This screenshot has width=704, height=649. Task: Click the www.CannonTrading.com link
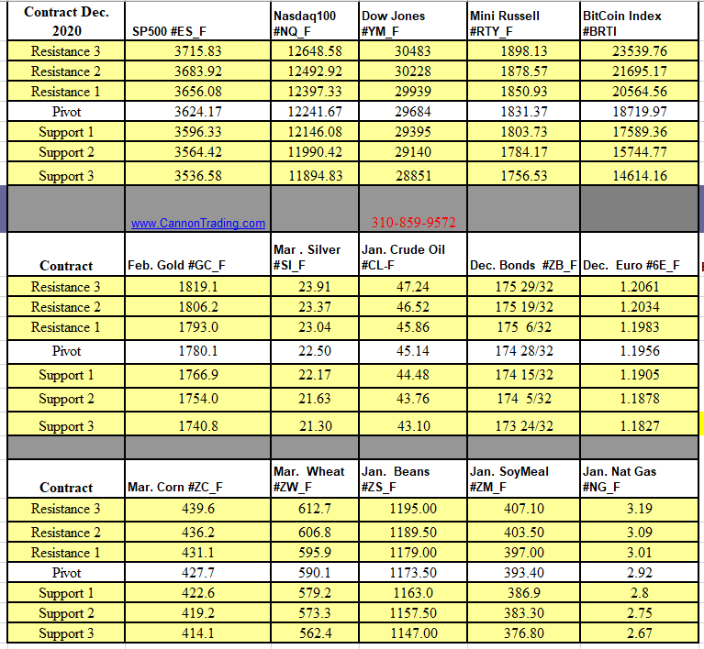[x=197, y=223]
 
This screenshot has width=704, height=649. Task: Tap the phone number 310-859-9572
[x=413, y=223]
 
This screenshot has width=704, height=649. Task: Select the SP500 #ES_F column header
[x=169, y=31]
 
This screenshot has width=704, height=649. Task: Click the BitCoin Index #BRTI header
[x=621, y=23]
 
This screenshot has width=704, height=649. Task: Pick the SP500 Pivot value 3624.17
[x=197, y=112]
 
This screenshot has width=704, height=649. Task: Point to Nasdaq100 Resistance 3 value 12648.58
[x=315, y=51]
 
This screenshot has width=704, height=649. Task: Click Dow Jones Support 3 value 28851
[x=412, y=176]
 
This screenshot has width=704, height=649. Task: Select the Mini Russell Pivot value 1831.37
[x=524, y=112]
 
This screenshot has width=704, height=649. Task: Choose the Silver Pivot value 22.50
[x=315, y=351]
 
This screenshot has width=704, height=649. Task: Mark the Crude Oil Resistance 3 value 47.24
[x=412, y=287]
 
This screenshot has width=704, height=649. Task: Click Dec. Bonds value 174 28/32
[x=524, y=351]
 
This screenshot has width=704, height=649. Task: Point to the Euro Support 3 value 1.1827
[x=639, y=426]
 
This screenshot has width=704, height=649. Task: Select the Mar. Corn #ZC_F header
[x=174, y=488]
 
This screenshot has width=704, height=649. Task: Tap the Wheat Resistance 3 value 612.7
[x=315, y=509]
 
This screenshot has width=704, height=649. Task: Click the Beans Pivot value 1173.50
[x=412, y=573]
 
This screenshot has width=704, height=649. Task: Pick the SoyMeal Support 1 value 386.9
[x=524, y=593]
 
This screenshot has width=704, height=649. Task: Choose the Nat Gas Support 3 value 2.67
[x=639, y=633]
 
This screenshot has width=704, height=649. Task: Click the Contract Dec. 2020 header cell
[x=66, y=21]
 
